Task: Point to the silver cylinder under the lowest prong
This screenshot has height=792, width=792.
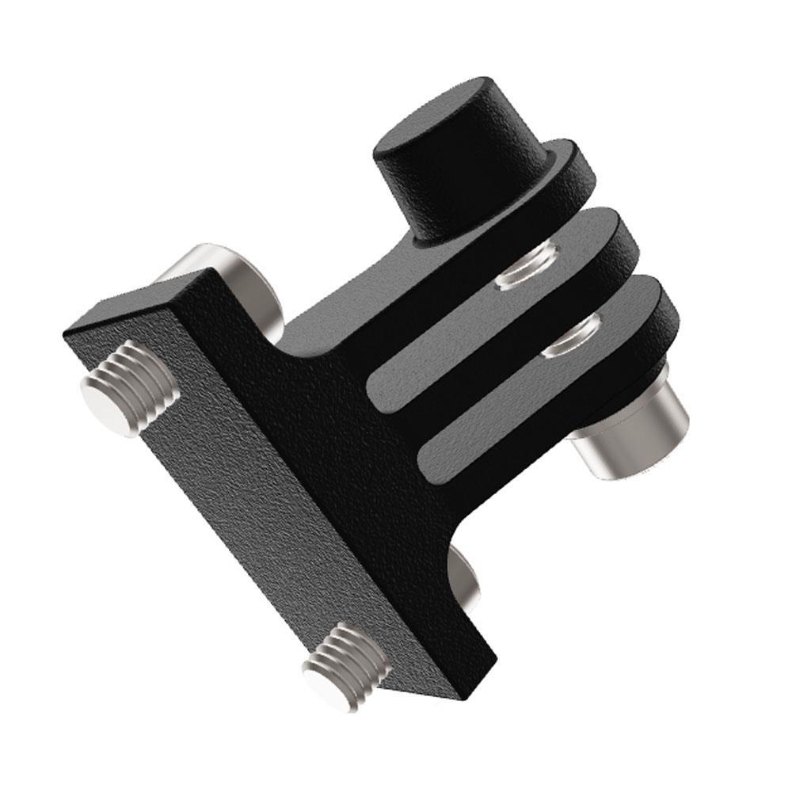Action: click(x=634, y=432)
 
